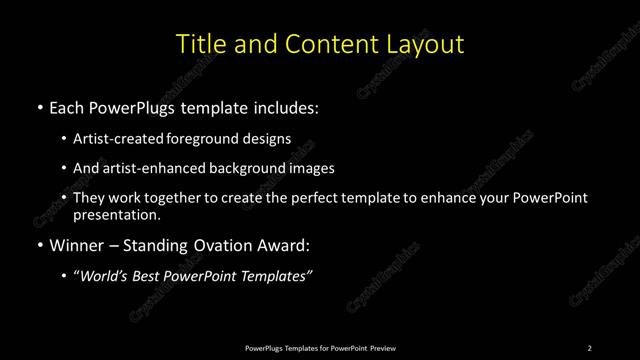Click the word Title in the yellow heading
pos(200,45)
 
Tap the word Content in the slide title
pos(328,45)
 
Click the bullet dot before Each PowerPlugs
pos(39,107)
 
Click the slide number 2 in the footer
pos(589,348)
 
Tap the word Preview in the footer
pos(383,348)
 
